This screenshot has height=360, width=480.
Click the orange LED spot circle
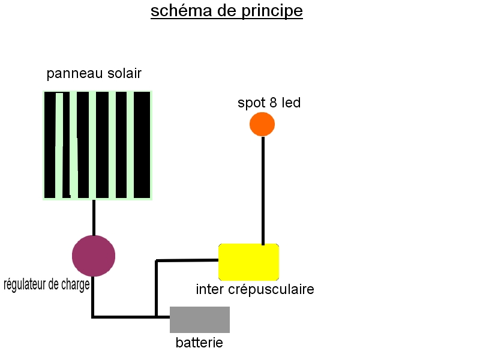pos(262,124)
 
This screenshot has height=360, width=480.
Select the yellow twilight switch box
pos(248,262)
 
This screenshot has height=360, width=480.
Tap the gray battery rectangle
pos(200,319)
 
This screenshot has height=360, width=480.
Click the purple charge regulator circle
pos(94,256)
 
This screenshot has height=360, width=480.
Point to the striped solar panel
pos(97,145)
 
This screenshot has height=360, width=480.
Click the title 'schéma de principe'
pos(227,11)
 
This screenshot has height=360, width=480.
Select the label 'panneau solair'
pos(94,74)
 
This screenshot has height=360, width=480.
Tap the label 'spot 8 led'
pos(269,103)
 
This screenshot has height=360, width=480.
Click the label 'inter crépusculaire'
pos(255,289)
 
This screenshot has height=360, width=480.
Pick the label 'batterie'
pos(199,343)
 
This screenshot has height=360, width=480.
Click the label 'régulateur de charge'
pos(47,284)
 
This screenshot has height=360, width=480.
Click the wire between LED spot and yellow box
pos(263,190)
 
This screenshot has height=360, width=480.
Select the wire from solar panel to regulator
pos(94,217)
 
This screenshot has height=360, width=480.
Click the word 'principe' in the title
pos(274,11)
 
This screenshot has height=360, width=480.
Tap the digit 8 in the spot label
pos(273,103)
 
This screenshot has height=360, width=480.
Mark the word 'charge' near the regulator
pos(76,284)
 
